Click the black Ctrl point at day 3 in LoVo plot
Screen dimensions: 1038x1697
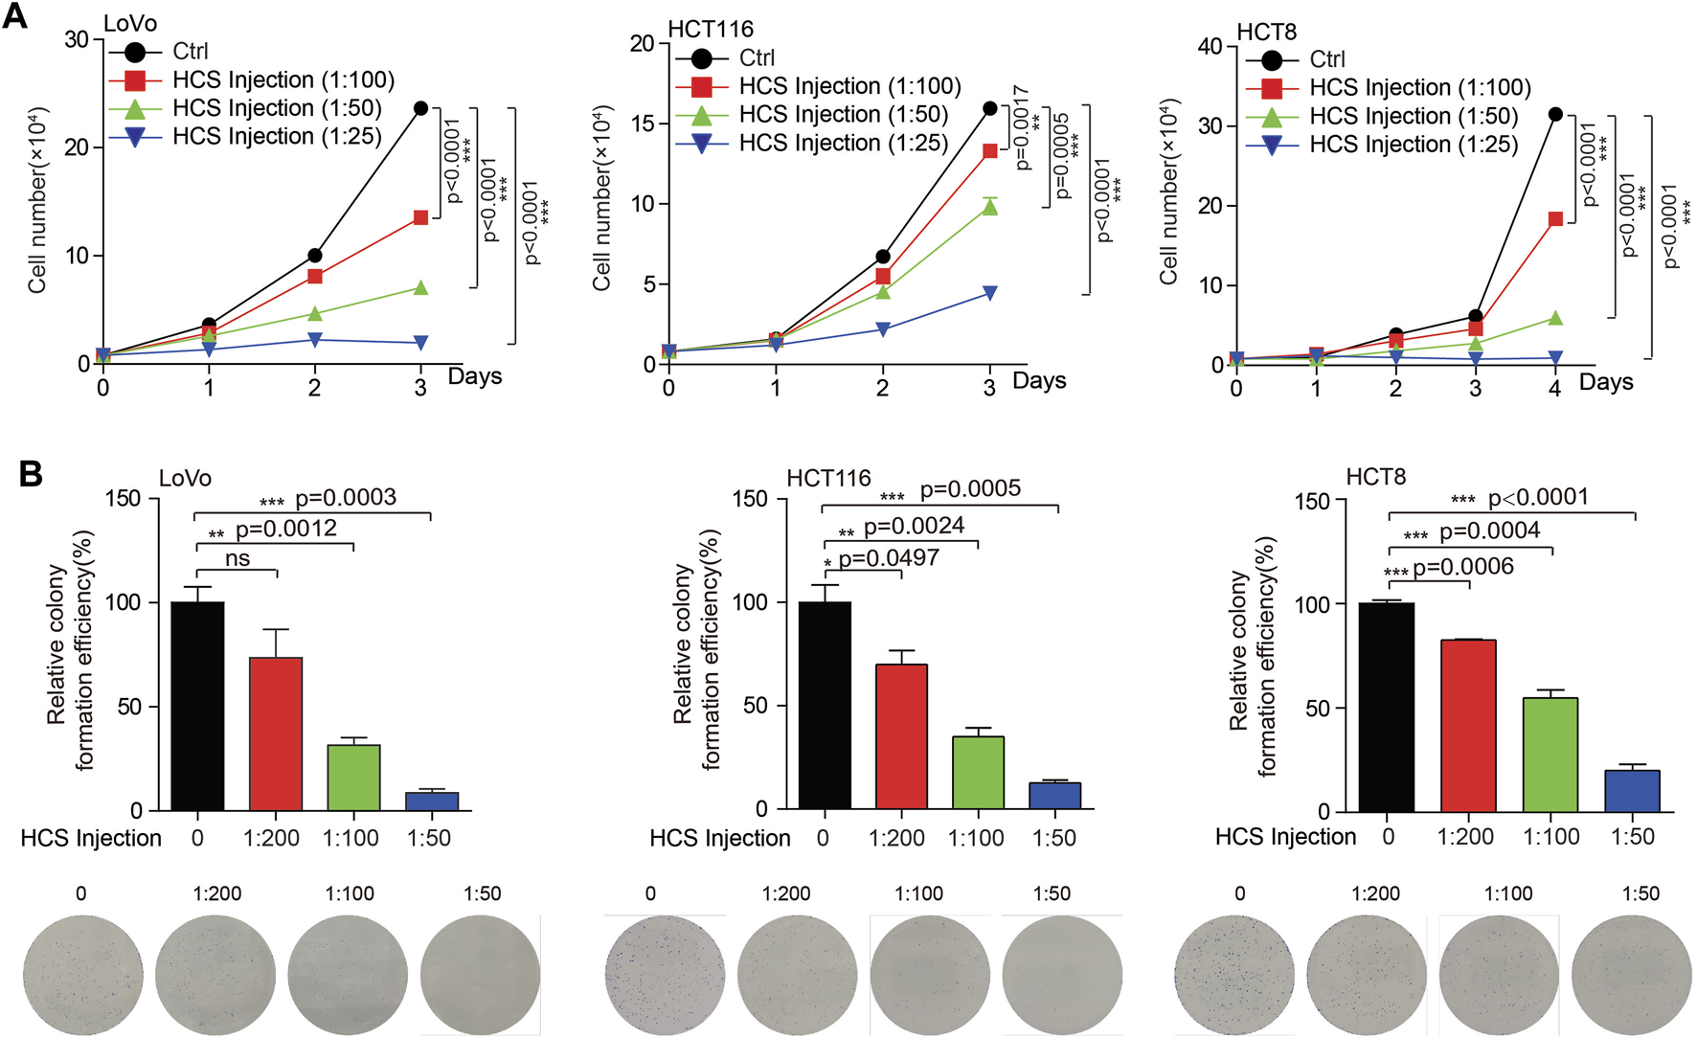click(x=420, y=108)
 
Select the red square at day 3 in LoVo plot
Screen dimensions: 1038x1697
click(x=420, y=218)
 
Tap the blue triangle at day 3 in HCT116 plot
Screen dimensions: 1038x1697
click(x=990, y=293)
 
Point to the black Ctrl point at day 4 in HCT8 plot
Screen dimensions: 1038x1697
click(x=1555, y=114)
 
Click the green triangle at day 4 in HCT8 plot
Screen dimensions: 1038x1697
click(x=1555, y=318)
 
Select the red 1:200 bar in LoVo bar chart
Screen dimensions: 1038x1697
click(x=276, y=733)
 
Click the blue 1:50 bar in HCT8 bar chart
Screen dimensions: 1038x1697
click(x=1632, y=790)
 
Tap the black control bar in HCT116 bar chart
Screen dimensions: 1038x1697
click(x=825, y=705)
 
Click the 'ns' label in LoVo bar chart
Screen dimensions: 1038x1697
click(x=238, y=558)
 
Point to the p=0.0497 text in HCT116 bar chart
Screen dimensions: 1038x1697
click(x=888, y=558)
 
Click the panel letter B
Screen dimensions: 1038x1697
click(x=31, y=473)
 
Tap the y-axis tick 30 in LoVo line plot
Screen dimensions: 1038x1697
click(x=77, y=39)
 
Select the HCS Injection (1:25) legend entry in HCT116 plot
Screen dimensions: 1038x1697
click(x=843, y=144)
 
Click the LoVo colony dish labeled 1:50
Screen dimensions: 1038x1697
click(x=480, y=974)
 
